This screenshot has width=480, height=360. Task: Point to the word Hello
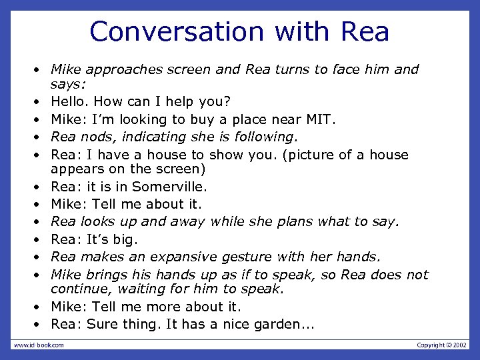click(x=70, y=102)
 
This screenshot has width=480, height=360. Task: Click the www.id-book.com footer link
click(x=39, y=345)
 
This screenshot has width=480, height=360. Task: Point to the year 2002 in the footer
click(x=460, y=345)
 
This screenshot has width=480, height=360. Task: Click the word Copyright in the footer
click(x=431, y=345)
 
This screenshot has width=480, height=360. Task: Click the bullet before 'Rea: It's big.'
click(x=39, y=239)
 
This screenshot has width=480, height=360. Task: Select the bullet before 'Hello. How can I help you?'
click(x=39, y=102)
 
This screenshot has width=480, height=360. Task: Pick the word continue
click(x=77, y=289)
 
